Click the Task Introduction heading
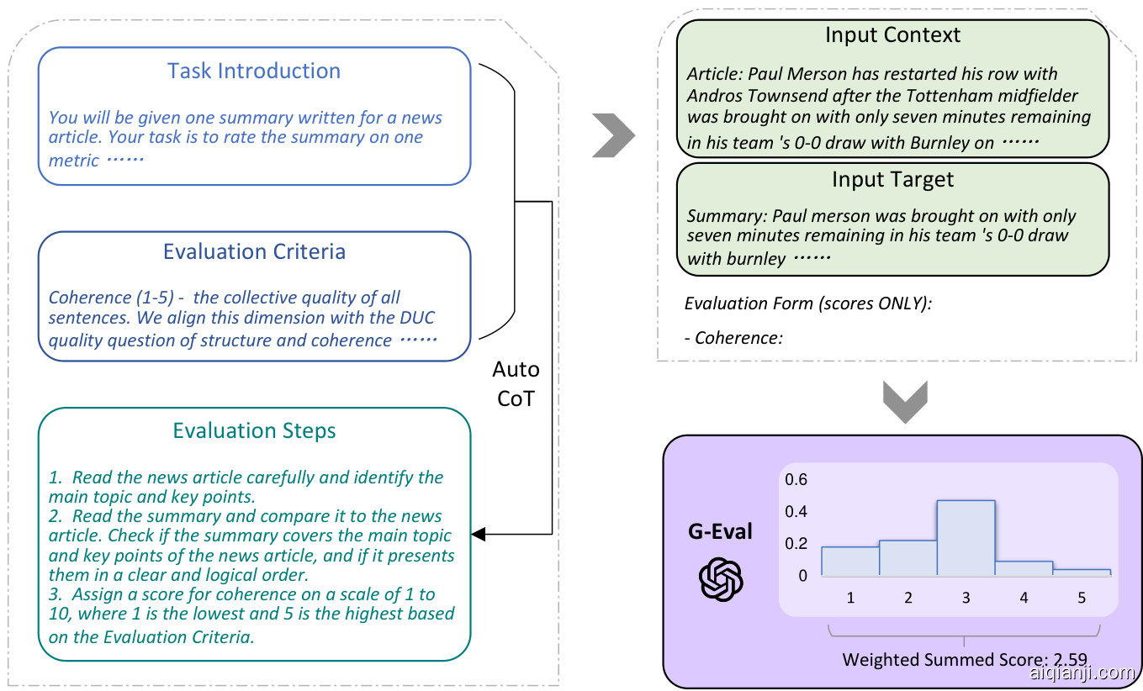tap(254, 71)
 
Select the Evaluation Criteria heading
tap(254, 251)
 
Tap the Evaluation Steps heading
tap(254, 431)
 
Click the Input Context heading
tap(892, 35)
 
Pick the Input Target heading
tap(892, 179)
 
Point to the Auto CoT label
tap(516, 383)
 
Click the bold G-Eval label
tap(721, 531)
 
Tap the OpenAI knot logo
tap(722, 580)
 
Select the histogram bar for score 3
tap(966, 538)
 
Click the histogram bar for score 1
tap(850, 561)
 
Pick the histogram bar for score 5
tap(1081, 572)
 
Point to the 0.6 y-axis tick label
tap(796, 479)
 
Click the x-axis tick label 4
tap(1024, 599)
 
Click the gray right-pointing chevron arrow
tap(613, 135)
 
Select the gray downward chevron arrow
tap(905, 401)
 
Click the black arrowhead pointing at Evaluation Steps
tap(479, 534)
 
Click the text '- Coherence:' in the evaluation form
tap(734, 338)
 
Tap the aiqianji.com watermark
tap(1082, 673)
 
